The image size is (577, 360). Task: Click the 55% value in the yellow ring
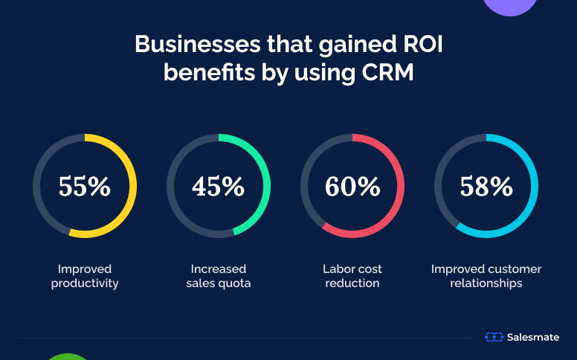85,186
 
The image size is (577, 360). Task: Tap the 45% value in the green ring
218,186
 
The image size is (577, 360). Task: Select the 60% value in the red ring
352,186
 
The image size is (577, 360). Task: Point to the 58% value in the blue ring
486,186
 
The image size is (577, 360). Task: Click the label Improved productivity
85,276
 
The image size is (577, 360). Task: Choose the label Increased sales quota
218,276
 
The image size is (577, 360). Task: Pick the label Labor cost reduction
352,276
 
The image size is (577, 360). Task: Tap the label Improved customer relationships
486,276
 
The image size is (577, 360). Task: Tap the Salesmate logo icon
494,337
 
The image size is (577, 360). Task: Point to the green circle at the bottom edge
68,356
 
